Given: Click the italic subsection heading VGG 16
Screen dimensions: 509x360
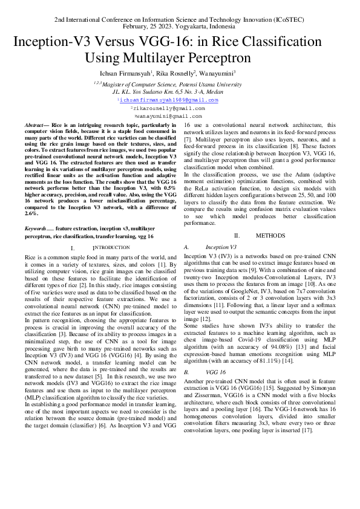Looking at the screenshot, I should tap(216, 355).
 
